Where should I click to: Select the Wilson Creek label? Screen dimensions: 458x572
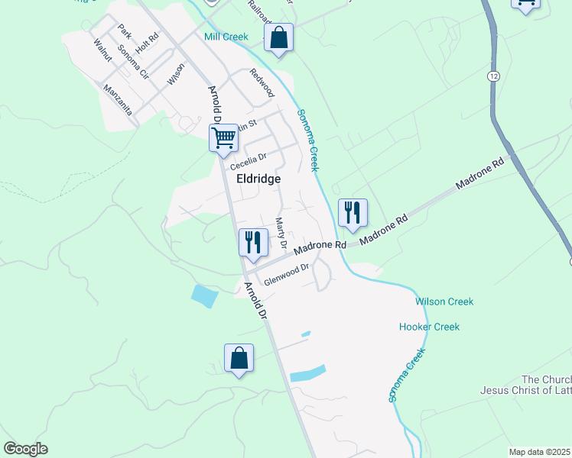[444, 302]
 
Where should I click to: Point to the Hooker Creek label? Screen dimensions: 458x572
[429, 327]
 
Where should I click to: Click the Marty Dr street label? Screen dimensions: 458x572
[280, 233]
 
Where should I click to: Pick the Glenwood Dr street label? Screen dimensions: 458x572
[286, 274]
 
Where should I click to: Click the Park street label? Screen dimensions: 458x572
[125, 31]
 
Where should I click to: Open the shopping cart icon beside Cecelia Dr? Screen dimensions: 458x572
[224, 139]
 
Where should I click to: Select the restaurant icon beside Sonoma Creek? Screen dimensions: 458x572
[352, 212]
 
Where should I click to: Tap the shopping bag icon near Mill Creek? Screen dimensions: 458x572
[278, 37]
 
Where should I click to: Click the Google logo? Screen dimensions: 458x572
[25, 449]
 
